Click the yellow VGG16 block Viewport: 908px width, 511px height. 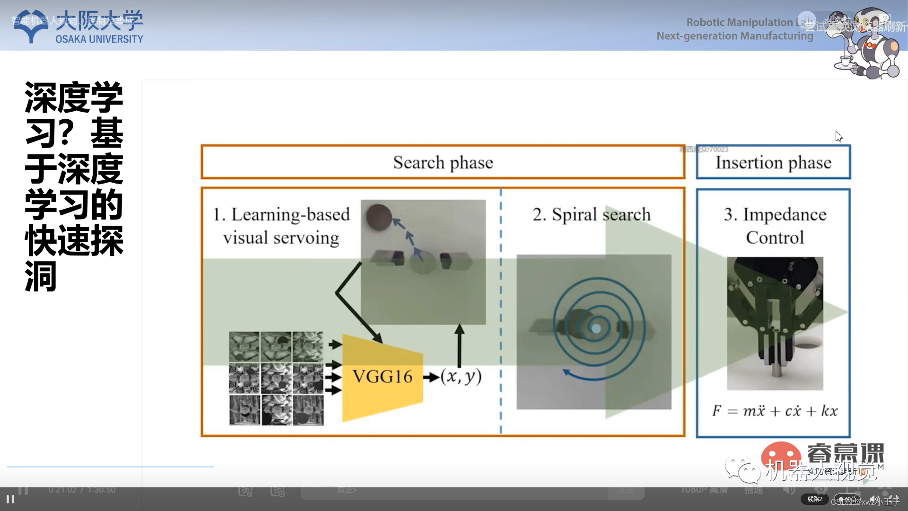click(382, 377)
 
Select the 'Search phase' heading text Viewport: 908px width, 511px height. click(443, 162)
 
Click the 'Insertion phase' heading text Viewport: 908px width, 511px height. click(773, 162)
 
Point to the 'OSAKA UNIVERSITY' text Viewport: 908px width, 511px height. click(99, 39)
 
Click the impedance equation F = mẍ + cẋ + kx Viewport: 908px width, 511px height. click(775, 411)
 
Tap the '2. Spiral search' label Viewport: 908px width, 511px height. click(592, 214)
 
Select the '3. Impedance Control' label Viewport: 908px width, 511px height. click(775, 226)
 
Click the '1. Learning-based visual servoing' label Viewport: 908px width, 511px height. click(281, 226)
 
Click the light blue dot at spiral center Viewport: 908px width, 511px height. click(596, 328)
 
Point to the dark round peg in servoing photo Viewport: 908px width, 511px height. click(379, 217)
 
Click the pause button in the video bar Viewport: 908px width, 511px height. click(10, 499)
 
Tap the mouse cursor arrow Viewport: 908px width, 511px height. click(838, 137)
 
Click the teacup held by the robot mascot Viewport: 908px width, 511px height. click(845, 61)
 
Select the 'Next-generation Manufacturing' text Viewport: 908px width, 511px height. click(734, 36)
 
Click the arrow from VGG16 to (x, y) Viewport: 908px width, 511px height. click(431, 378)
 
